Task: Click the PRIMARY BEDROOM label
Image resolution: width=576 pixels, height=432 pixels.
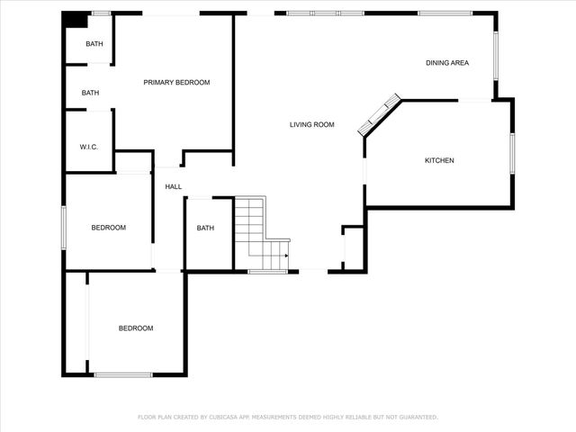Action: (176, 83)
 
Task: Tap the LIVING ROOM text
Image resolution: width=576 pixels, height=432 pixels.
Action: (311, 124)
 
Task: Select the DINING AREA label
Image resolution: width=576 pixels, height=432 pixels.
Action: (446, 62)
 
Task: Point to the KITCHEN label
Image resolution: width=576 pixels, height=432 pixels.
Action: (439, 161)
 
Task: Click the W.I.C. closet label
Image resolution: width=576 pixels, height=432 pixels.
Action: (88, 147)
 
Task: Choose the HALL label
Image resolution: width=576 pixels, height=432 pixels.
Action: (173, 187)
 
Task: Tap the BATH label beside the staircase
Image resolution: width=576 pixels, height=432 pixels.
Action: (205, 228)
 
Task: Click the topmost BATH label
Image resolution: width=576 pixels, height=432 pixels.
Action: (94, 44)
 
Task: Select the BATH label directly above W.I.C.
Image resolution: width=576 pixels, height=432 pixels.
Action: (90, 93)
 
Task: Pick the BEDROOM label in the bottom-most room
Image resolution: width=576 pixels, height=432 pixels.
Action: (136, 328)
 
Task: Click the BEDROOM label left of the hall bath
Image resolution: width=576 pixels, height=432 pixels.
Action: (109, 228)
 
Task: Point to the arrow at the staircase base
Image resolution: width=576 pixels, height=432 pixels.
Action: (284, 256)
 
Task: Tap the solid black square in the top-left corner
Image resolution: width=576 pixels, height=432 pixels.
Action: (78, 20)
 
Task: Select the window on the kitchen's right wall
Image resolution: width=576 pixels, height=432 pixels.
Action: (511, 153)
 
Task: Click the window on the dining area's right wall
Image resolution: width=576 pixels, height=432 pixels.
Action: (495, 56)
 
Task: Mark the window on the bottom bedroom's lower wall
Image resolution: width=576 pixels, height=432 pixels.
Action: (123, 374)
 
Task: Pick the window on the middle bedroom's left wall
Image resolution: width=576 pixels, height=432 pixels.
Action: (63, 228)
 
